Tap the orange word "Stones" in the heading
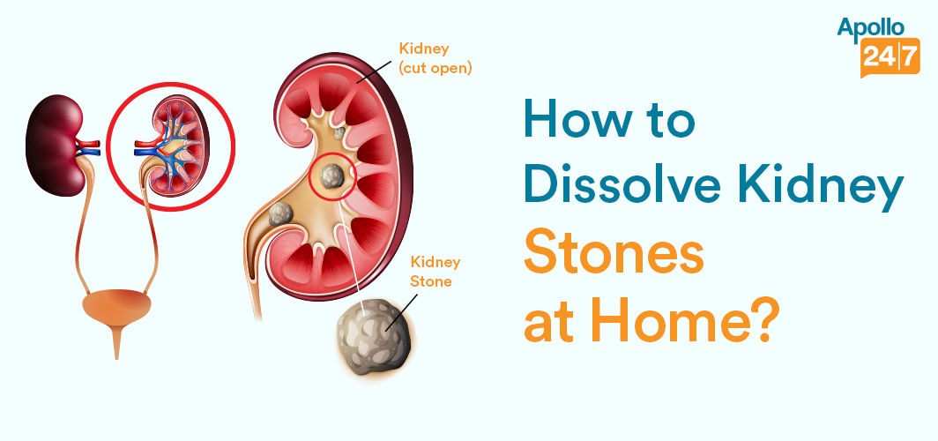[x=614, y=255]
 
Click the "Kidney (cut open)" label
[x=435, y=57]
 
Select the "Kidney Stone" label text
[x=435, y=272]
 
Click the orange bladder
[x=116, y=310]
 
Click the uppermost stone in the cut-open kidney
[x=339, y=132]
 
